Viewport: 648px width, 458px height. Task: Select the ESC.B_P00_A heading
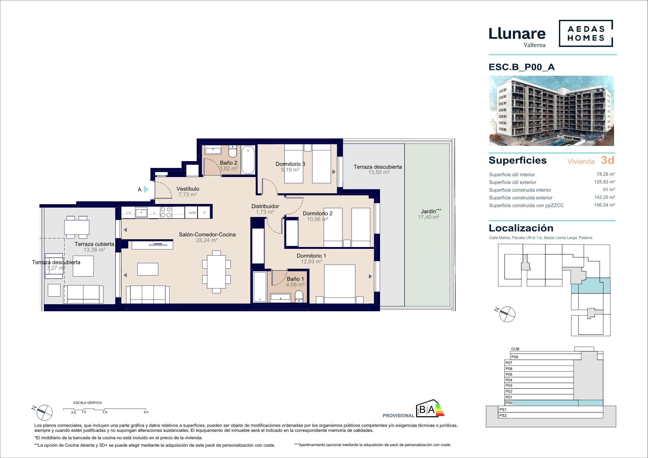pos(522,67)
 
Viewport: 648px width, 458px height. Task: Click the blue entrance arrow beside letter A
pos(146,189)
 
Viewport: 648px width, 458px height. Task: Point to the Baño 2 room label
pos(229,163)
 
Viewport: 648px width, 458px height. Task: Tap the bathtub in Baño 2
pos(248,160)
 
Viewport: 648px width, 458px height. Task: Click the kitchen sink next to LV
pos(141,212)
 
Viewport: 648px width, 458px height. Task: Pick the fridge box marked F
pos(205,213)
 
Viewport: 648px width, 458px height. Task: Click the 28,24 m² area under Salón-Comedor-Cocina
pos(207,240)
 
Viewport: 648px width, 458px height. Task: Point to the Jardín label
pos(429,211)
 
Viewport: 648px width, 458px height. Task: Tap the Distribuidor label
pos(265,206)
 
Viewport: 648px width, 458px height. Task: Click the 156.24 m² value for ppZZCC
pos(605,205)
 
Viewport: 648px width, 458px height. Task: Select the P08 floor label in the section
pos(515,357)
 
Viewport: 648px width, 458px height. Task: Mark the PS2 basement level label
pos(503,415)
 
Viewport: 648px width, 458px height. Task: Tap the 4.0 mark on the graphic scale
pos(146,412)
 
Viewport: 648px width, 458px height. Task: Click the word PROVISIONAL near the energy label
pos(398,415)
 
